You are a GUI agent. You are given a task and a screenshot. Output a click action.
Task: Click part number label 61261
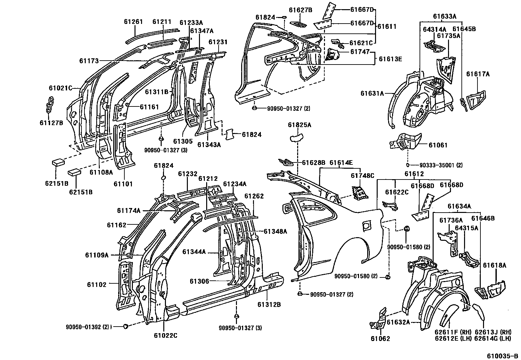134,22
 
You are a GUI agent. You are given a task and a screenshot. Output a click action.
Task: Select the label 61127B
51,123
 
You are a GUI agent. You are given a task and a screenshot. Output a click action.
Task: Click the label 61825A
299,125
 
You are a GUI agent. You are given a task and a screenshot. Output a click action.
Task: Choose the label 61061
438,145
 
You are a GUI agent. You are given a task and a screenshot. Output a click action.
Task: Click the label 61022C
165,335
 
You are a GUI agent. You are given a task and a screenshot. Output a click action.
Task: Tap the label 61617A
478,74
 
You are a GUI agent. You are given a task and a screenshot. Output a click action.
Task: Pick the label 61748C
362,176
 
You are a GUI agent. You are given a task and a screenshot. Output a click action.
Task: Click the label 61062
380,339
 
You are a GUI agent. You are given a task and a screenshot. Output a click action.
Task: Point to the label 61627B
300,10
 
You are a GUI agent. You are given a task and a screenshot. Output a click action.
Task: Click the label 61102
97,285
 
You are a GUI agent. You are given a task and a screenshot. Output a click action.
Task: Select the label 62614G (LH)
493,338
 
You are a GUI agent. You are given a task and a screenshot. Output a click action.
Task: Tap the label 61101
123,184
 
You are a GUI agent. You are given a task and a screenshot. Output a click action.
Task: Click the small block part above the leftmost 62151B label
58,162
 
